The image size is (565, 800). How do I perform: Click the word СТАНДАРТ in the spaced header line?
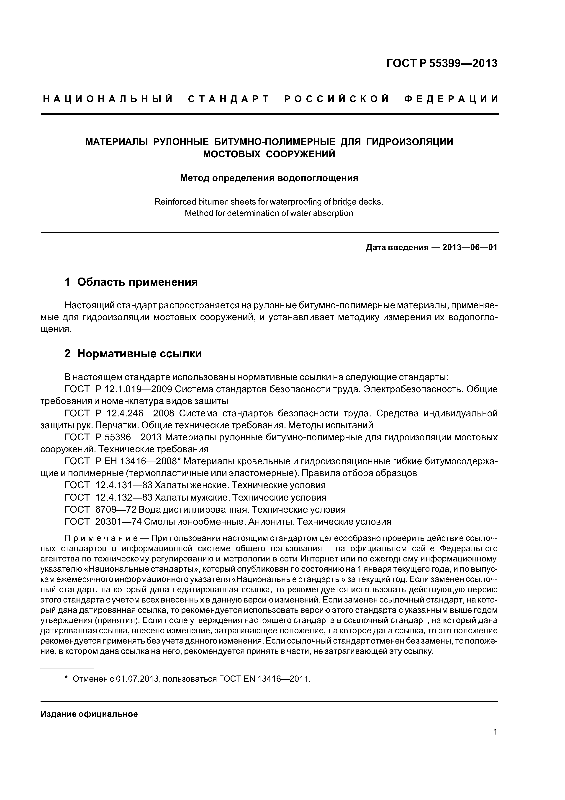coord(229,99)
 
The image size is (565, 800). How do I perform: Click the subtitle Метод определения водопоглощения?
coord(269,178)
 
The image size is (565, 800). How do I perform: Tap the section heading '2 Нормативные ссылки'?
coord(133,354)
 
